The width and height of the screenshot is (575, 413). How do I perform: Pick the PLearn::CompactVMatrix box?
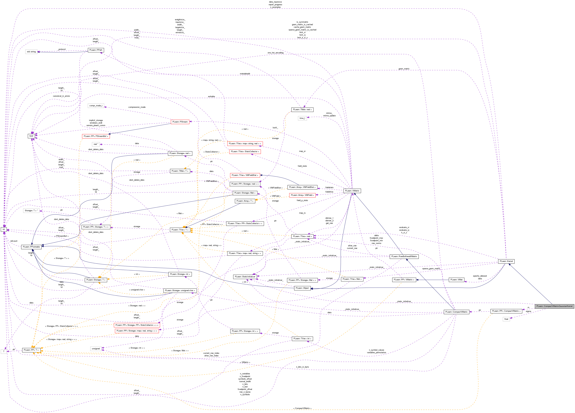click(x=456, y=312)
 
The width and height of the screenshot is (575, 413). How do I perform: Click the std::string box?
click(x=31, y=52)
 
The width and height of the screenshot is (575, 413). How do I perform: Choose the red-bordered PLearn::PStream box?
click(x=180, y=122)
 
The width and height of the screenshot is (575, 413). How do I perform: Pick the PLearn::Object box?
click(x=302, y=288)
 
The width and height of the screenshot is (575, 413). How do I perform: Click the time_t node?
click(x=302, y=118)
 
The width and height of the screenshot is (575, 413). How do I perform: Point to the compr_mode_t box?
click(x=96, y=106)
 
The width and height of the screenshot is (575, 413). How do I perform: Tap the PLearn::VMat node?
click(x=456, y=280)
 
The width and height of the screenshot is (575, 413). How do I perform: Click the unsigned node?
click(x=96, y=349)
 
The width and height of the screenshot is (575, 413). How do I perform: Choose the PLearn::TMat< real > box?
click(x=302, y=110)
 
